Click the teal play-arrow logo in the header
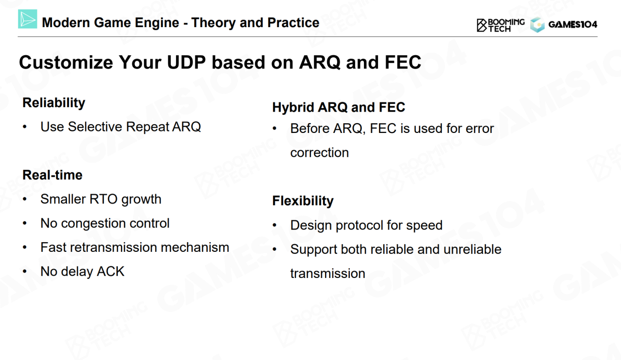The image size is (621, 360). (28, 19)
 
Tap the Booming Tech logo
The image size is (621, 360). (500, 25)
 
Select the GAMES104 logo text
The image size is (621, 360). (573, 25)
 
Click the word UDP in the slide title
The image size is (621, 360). (186, 62)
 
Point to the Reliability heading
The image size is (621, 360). (54, 103)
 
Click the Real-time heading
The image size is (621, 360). (52, 175)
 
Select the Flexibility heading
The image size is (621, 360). (303, 201)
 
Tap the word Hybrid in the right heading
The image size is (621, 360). (293, 107)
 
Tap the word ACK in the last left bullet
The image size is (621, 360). (110, 272)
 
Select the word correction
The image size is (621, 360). (319, 152)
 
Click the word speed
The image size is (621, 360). (424, 225)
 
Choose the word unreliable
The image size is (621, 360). (472, 249)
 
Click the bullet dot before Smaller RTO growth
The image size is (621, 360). (25, 199)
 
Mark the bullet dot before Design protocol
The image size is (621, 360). (275, 226)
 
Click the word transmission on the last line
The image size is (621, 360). (327, 274)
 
